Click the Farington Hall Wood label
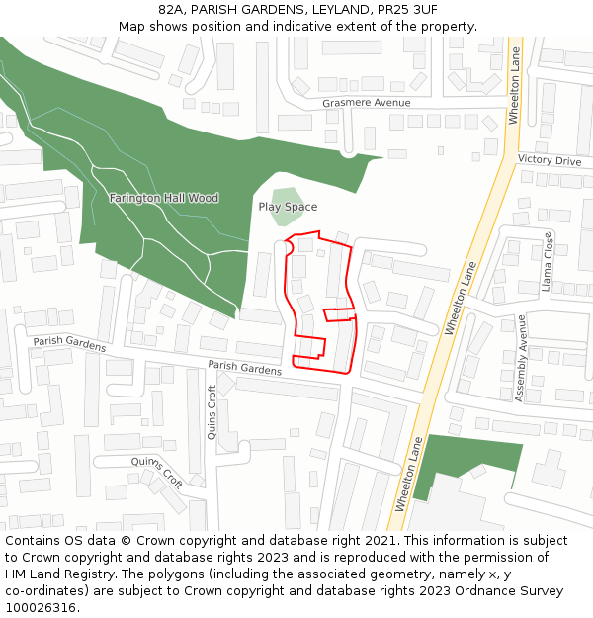pyautogui.click(x=164, y=198)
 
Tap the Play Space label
pyautogui.click(x=288, y=207)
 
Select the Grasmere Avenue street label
pyautogui.click(x=366, y=103)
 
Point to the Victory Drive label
pyautogui.click(x=550, y=160)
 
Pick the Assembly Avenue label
pyautogui.click(x=521, y=358)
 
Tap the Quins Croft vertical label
pyautogui.click(x=212, y=411)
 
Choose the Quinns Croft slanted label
pyautogui.click(x=157, y=472)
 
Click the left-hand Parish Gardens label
pyautogui.click(x=69, y=343)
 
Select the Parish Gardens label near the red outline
pyautogui.click(x=244, y=367)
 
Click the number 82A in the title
pyautogui.click(x=172, y=9)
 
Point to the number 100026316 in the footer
pyautogui.click(x=41, y=607)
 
